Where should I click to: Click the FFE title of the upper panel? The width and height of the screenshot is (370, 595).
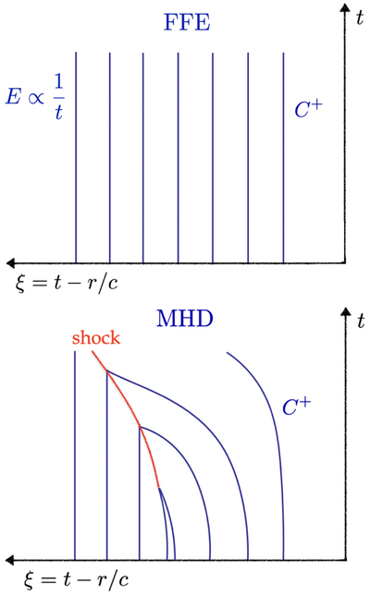coord(187,22)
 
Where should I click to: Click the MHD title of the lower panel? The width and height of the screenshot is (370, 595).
coord(185,319)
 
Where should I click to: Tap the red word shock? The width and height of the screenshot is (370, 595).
coord(96,337)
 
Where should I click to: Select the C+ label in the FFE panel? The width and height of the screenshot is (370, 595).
coord(308,108)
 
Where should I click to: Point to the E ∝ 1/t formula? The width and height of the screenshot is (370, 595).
coord(34,97)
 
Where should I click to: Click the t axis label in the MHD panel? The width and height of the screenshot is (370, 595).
coord(361,321)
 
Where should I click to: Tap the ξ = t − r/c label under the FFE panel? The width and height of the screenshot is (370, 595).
coord(67,283)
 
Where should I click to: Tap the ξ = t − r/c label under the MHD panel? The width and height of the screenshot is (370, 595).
coord(77,579)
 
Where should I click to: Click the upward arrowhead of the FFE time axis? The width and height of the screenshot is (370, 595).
coord(345,8)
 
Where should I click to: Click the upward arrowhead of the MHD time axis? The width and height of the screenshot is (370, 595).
coord(346,312)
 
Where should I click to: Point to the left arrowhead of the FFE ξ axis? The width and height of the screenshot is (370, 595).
coord(10,262)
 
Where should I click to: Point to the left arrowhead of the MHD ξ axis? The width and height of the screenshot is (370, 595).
coord(10,560)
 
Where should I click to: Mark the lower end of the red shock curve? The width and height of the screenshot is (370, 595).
coord(158,487)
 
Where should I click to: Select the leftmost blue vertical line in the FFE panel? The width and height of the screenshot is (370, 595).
coord(76,157)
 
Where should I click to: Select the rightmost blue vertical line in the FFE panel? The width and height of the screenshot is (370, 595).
coord(283,157)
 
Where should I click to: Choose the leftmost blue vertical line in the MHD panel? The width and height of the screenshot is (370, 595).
coord(75,455)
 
